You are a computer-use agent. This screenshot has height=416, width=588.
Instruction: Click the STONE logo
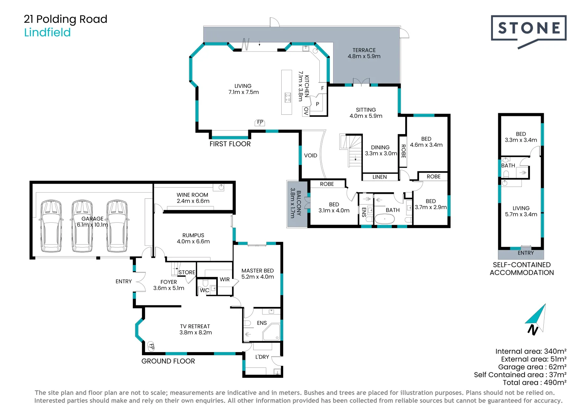point(528,29)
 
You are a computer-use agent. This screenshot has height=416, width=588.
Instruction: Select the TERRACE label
point(364,50)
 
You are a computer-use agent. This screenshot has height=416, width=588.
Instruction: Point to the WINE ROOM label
point(192,195)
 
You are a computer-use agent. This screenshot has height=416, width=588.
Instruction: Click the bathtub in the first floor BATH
point(384,220)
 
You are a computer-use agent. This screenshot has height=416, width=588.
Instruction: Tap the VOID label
point(311,156)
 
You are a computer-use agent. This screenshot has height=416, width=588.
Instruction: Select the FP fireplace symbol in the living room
point(260,122)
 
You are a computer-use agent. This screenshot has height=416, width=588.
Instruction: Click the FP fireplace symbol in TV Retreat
point(151,347)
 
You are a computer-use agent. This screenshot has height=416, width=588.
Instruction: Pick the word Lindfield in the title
point(47,32)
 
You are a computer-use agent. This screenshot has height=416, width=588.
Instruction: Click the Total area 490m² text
point(535,382)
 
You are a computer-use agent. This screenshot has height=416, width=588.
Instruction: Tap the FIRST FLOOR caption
point(230,144)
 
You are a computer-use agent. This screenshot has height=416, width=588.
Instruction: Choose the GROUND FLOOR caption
point(168,361)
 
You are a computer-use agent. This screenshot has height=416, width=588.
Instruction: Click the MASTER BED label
point(257,271)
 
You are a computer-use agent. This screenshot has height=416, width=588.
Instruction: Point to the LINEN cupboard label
point(379,177)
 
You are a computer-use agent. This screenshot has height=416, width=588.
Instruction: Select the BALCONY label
point(299,203)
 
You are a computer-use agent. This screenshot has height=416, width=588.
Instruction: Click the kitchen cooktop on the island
point(287,97)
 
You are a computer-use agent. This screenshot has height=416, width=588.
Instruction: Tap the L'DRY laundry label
point(262,357)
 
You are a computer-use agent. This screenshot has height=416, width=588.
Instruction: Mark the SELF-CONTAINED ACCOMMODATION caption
point(521,268)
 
